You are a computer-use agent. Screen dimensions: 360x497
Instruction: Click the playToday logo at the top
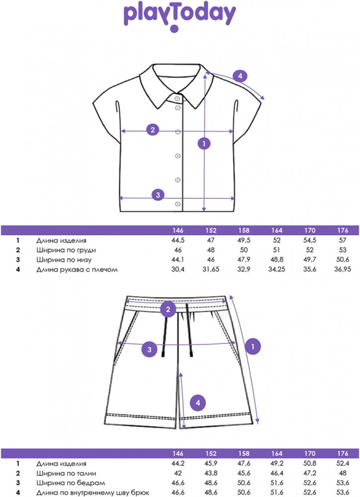pyautogui.click(x=180, y=17)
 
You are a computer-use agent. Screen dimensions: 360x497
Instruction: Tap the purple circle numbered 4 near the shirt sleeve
pyautogui.click(x=240, y=76)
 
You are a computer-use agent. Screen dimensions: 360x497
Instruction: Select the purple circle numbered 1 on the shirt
pyautogui.click(x=204, y=144)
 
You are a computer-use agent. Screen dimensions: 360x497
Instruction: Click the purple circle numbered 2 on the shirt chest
pyautogui.click(x=152, y=130)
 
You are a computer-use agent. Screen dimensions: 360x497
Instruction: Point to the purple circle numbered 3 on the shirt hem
pyautogui.click(x=158, y=195)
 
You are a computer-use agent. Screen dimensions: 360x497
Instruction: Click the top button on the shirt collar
pyautogui.click(x=177, y=98)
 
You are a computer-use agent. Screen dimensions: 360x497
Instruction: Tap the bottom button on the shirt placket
pyautogui.click(x=178, y=204)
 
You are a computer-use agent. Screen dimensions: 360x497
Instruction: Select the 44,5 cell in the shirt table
pyautogui.click(x=178, y=240)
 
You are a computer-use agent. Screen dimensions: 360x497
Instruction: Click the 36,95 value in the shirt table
pyautogui.click(x=343, y=269)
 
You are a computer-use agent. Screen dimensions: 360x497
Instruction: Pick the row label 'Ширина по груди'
pyautogui.click(x=66, y=250)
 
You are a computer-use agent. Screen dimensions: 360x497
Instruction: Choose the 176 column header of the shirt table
pyautogui.click(x=343, y=231)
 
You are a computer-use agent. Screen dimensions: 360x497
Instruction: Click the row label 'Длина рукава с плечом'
pyautogui.click(x=76, y=270)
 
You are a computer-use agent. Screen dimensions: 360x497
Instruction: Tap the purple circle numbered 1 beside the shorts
pyautogui.click(x=253, y=346)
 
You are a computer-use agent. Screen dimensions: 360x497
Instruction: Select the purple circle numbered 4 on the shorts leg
pyautogui.click(x=198, y=403)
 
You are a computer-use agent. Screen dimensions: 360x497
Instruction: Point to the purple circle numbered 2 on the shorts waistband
pyautogui.click(x=168, y=309)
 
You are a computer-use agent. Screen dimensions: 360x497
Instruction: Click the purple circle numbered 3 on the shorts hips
pyautogui.click(x=149, y=349)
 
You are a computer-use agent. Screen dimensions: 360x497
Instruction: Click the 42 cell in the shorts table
pyautogui.click(x=178, y=473)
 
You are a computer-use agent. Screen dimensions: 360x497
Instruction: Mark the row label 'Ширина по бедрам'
pyautogui.click(x=71, y=483)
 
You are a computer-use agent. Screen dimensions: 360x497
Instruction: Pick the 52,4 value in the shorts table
pyautogui.click(x=343, y=463)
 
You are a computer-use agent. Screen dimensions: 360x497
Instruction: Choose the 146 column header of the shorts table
pyautogui.click(x=178, y=454)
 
